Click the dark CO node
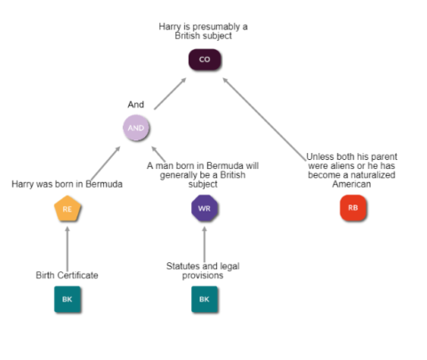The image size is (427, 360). [x=205, y=60]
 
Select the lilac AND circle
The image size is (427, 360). [x=136, y=128]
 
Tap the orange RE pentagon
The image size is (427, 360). [x=68, y=209]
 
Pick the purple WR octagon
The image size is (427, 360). [x=205, y=208]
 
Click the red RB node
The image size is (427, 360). [x=353, y=208]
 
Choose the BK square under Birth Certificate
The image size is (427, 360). [x=68, y=300]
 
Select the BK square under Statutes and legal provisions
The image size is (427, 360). [x=205, y=300]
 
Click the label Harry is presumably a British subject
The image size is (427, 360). [x=204, y=31]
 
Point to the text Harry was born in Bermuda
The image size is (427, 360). [x=67, y=184]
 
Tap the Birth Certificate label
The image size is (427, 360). [x=67, y=275]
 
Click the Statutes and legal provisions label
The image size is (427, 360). [x=203, y=270]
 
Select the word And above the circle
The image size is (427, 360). [x=136, y=104]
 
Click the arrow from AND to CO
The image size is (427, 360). [x=170, y=93]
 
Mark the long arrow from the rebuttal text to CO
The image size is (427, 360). [x=264, y=119]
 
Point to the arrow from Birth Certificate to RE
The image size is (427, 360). [x=68, y=249]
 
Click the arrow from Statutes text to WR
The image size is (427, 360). [x=205, y=244]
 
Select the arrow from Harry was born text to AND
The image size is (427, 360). [x=106, y=163]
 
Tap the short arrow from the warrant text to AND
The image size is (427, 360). [x=158, y=154]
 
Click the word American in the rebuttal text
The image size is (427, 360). [x=351, y=184]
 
